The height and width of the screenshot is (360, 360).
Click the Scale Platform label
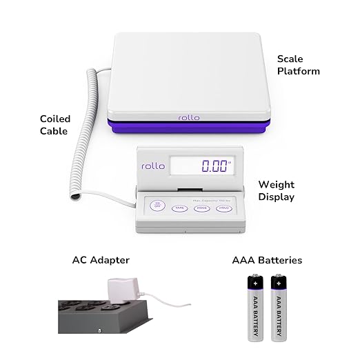tap(298, 65)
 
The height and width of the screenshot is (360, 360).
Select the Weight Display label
tap(276, 191)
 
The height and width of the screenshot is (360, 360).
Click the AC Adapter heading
tap(101, 261)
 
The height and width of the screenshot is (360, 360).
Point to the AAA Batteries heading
tap(266, 261)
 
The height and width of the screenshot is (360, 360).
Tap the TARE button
tap(179, 207)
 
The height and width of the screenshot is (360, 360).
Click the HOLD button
tap(223, 207)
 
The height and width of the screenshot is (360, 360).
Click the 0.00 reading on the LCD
tap(214, 166)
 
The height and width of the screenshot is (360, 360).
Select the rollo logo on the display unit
tap(153, 166)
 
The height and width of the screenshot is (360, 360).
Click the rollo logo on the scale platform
tap(188, 117)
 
